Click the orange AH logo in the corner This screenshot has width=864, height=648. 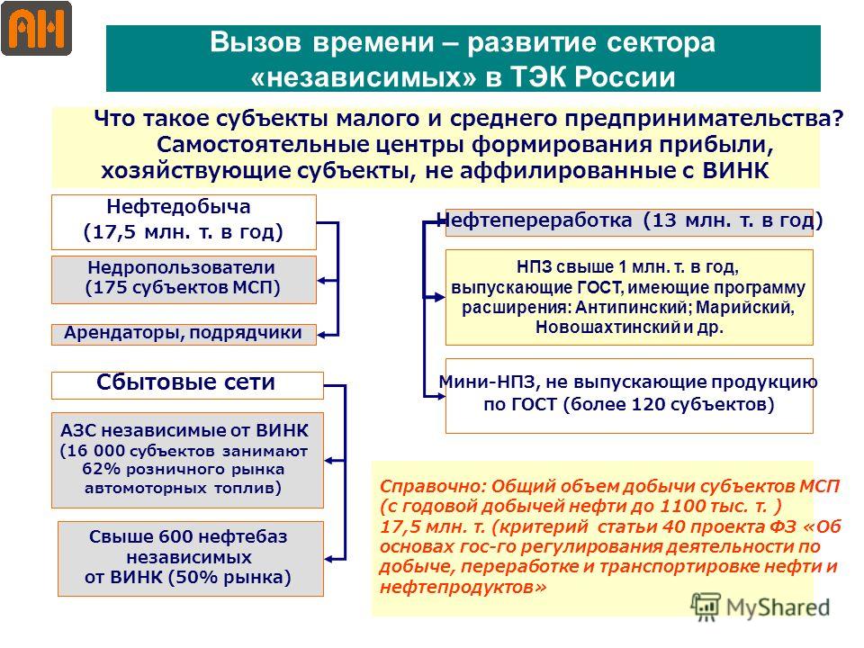(36, 28)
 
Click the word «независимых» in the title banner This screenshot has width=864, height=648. (363, 76)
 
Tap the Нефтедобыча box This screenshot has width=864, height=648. (184, 222)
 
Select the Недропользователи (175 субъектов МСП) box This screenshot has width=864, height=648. (184, 279)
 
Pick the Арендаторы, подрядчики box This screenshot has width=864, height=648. (184, 334)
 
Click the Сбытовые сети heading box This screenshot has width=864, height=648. (187, 385)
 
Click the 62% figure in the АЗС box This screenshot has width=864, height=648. (101, 469)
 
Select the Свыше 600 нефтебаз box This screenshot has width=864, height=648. (191, 559)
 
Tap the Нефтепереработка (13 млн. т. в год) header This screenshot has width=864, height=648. (629, 221)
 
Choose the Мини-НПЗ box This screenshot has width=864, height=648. (629, 396)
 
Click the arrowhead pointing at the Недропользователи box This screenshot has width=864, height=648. (323, 281)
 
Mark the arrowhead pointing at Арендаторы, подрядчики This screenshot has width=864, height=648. (323, 335)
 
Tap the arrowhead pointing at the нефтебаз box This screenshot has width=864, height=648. (329, 559)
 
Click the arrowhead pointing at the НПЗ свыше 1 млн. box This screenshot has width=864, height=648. (439, 298)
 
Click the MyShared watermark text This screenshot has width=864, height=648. (778, 607)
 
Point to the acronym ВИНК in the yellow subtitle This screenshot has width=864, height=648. (735, 170)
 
